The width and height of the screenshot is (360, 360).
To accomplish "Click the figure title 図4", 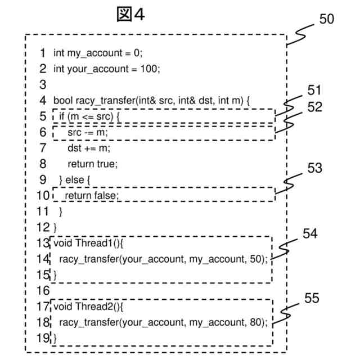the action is [x=130, y=14].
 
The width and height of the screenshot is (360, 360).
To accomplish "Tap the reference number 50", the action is [x=326, y=19].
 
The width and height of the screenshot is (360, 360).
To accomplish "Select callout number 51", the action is [x=314, y=90].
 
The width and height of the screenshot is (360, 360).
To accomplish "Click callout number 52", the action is [x=315, y=107].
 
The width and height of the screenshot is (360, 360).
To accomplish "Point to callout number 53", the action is [x=315, y=168].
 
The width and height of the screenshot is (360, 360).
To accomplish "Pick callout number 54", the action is [x=310, y=233].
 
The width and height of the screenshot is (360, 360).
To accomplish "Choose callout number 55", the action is [x=312, y=298].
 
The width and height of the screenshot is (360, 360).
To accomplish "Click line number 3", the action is [x=43, y=85].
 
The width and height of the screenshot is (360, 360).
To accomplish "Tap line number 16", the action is [x=43, y=291].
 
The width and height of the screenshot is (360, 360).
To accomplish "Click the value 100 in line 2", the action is [x=148, y=69].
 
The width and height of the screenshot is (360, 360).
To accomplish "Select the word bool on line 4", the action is [x=63, y=101].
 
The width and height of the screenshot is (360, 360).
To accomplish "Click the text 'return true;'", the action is [x=92, y=164].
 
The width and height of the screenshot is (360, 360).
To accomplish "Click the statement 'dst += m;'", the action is [x=89, y=148].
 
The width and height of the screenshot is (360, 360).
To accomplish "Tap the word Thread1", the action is [x=93, y=243].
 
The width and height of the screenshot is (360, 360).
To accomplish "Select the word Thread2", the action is [x=93, y=307].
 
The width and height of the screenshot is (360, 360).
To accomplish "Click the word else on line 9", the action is [x=75, y=180].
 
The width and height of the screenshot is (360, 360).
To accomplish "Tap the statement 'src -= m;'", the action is [x=88, y=132].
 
